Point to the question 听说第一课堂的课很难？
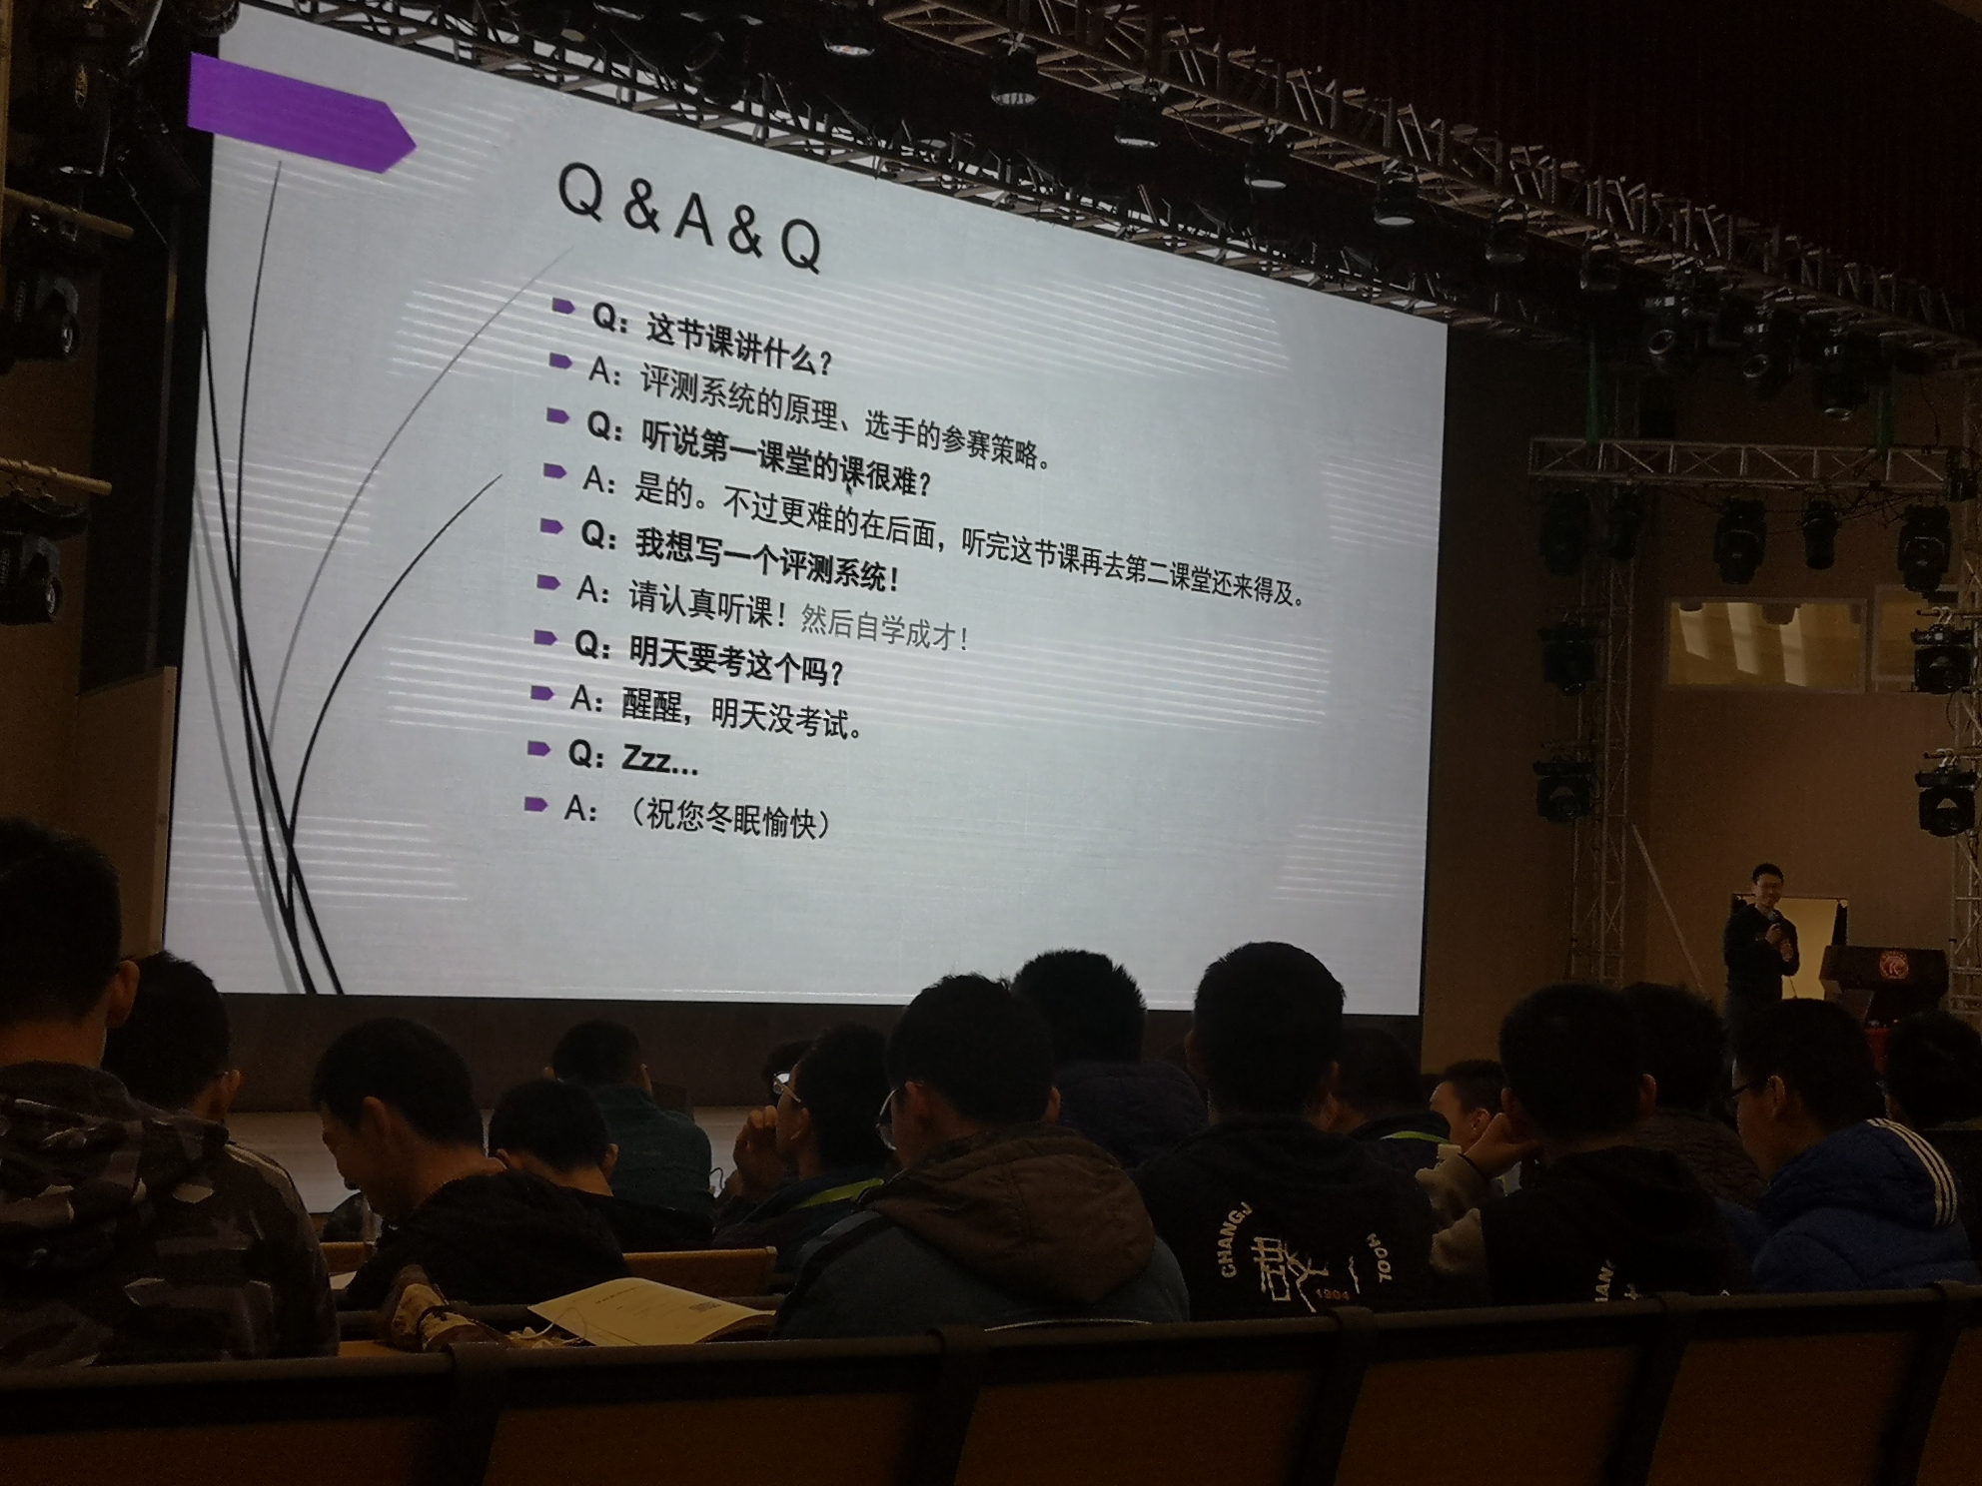[x=759, y=454]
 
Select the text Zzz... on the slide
[x=659, y=761]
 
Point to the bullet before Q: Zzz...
[x=539, y=748]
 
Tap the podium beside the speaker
[x=1883, y=984]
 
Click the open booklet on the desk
[x=649, y=1308]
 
